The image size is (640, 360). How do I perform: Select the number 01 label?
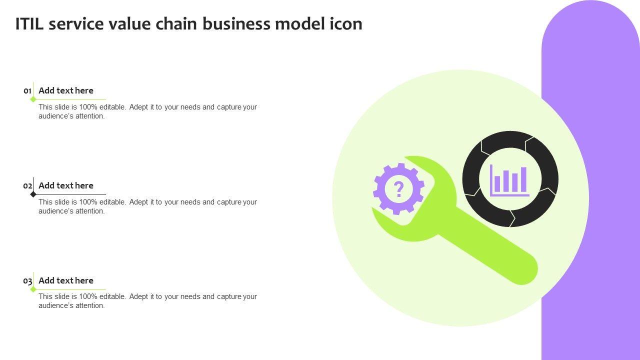(x=27, y=91)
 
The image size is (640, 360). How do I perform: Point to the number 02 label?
(x=27, y=186)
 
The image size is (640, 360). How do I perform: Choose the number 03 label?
(x=27, y=281)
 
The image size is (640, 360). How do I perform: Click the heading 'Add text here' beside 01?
(x=66, y=90)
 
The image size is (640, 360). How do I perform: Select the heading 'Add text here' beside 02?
(x=66, y=185)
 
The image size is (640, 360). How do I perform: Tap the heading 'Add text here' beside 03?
(x=66, y=280)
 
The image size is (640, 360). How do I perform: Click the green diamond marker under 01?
(x=33, y=99)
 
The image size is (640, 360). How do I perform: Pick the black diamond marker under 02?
(x=33, y=194)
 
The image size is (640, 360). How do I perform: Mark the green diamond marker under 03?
(x=33, y=289)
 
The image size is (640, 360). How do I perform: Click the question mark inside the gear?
(x=398, y=189)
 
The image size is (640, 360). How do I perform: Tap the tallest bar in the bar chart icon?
(x=523, y=179)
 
